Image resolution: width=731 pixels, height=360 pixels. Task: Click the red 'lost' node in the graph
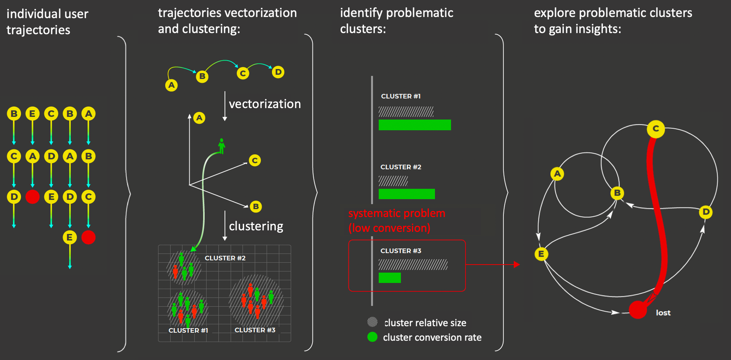pyautogui.click(x=637, y=310)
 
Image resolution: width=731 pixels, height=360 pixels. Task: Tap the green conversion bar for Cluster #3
pyautogui.click(x=389, y=278)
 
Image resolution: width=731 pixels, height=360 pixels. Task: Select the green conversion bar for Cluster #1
pyautogui.click(x=414, y=125)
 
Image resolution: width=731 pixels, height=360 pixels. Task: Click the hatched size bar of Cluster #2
pyautogui.click(x=393, y=181)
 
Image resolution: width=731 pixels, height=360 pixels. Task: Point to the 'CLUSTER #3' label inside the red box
pyautogui.click(x=400, y=251)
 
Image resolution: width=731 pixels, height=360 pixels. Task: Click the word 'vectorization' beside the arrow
pyautogui.click(x=264, y=104)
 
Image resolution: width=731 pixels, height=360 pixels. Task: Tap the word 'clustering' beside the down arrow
pyautogui.click(x=256, y=226)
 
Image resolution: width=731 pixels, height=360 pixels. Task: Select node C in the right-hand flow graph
pyautogui.click(x=656, y=129)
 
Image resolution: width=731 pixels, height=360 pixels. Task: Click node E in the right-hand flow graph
pyautogui.click(x=541, y=254)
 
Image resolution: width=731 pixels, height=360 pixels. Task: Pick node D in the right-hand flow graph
pyautogui.click(x=706, y=212)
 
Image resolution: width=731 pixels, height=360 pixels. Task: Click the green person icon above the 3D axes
pyautogui.click(x=222, y=146)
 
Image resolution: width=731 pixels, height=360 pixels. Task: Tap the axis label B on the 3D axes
pyautogui.click(x=256, y=206)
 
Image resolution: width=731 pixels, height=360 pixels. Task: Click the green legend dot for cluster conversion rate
pyautogui.click(x=372, y=337)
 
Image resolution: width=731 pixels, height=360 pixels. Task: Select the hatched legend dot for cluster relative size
pyautogui.click(x=372, y=322)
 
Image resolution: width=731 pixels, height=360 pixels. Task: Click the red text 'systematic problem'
pyautogui.click(x=396, y=213)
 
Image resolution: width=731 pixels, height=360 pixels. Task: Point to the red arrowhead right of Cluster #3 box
pyautogui.click(x=517, y=264)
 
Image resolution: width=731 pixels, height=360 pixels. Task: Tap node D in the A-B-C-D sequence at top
pyautogui.click(x=278, y=72)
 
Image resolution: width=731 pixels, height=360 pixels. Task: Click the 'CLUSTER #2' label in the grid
pyautogui.click(x=225, y=258)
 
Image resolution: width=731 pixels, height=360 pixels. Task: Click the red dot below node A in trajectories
pyautogui.click(x=33, y=197)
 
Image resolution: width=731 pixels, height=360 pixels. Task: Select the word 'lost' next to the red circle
pyautogui.click(x=663, y=313)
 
